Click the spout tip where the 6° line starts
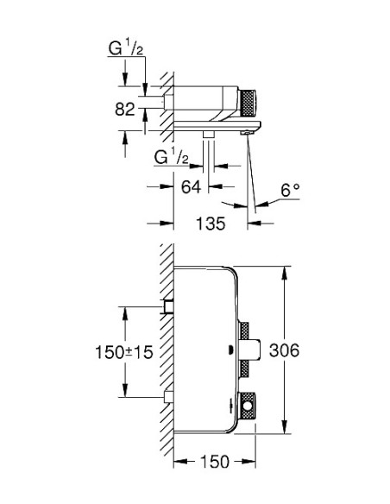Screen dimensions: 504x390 (248, 130)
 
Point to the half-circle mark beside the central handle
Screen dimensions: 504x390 (228, 350)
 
